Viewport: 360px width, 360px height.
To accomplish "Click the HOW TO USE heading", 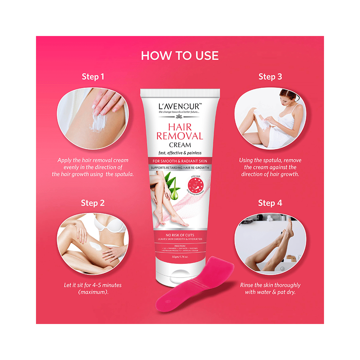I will click(180, 55).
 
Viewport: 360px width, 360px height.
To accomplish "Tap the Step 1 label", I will click(93, 77).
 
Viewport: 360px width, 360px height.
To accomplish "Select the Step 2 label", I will click(93, 203).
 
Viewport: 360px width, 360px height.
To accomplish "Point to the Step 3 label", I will click(270, 77).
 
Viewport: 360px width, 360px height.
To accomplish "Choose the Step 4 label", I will click(270, 203).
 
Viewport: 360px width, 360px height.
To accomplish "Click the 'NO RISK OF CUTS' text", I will click(180, 235).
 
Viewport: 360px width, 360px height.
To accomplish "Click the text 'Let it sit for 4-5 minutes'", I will click(93, 285).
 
